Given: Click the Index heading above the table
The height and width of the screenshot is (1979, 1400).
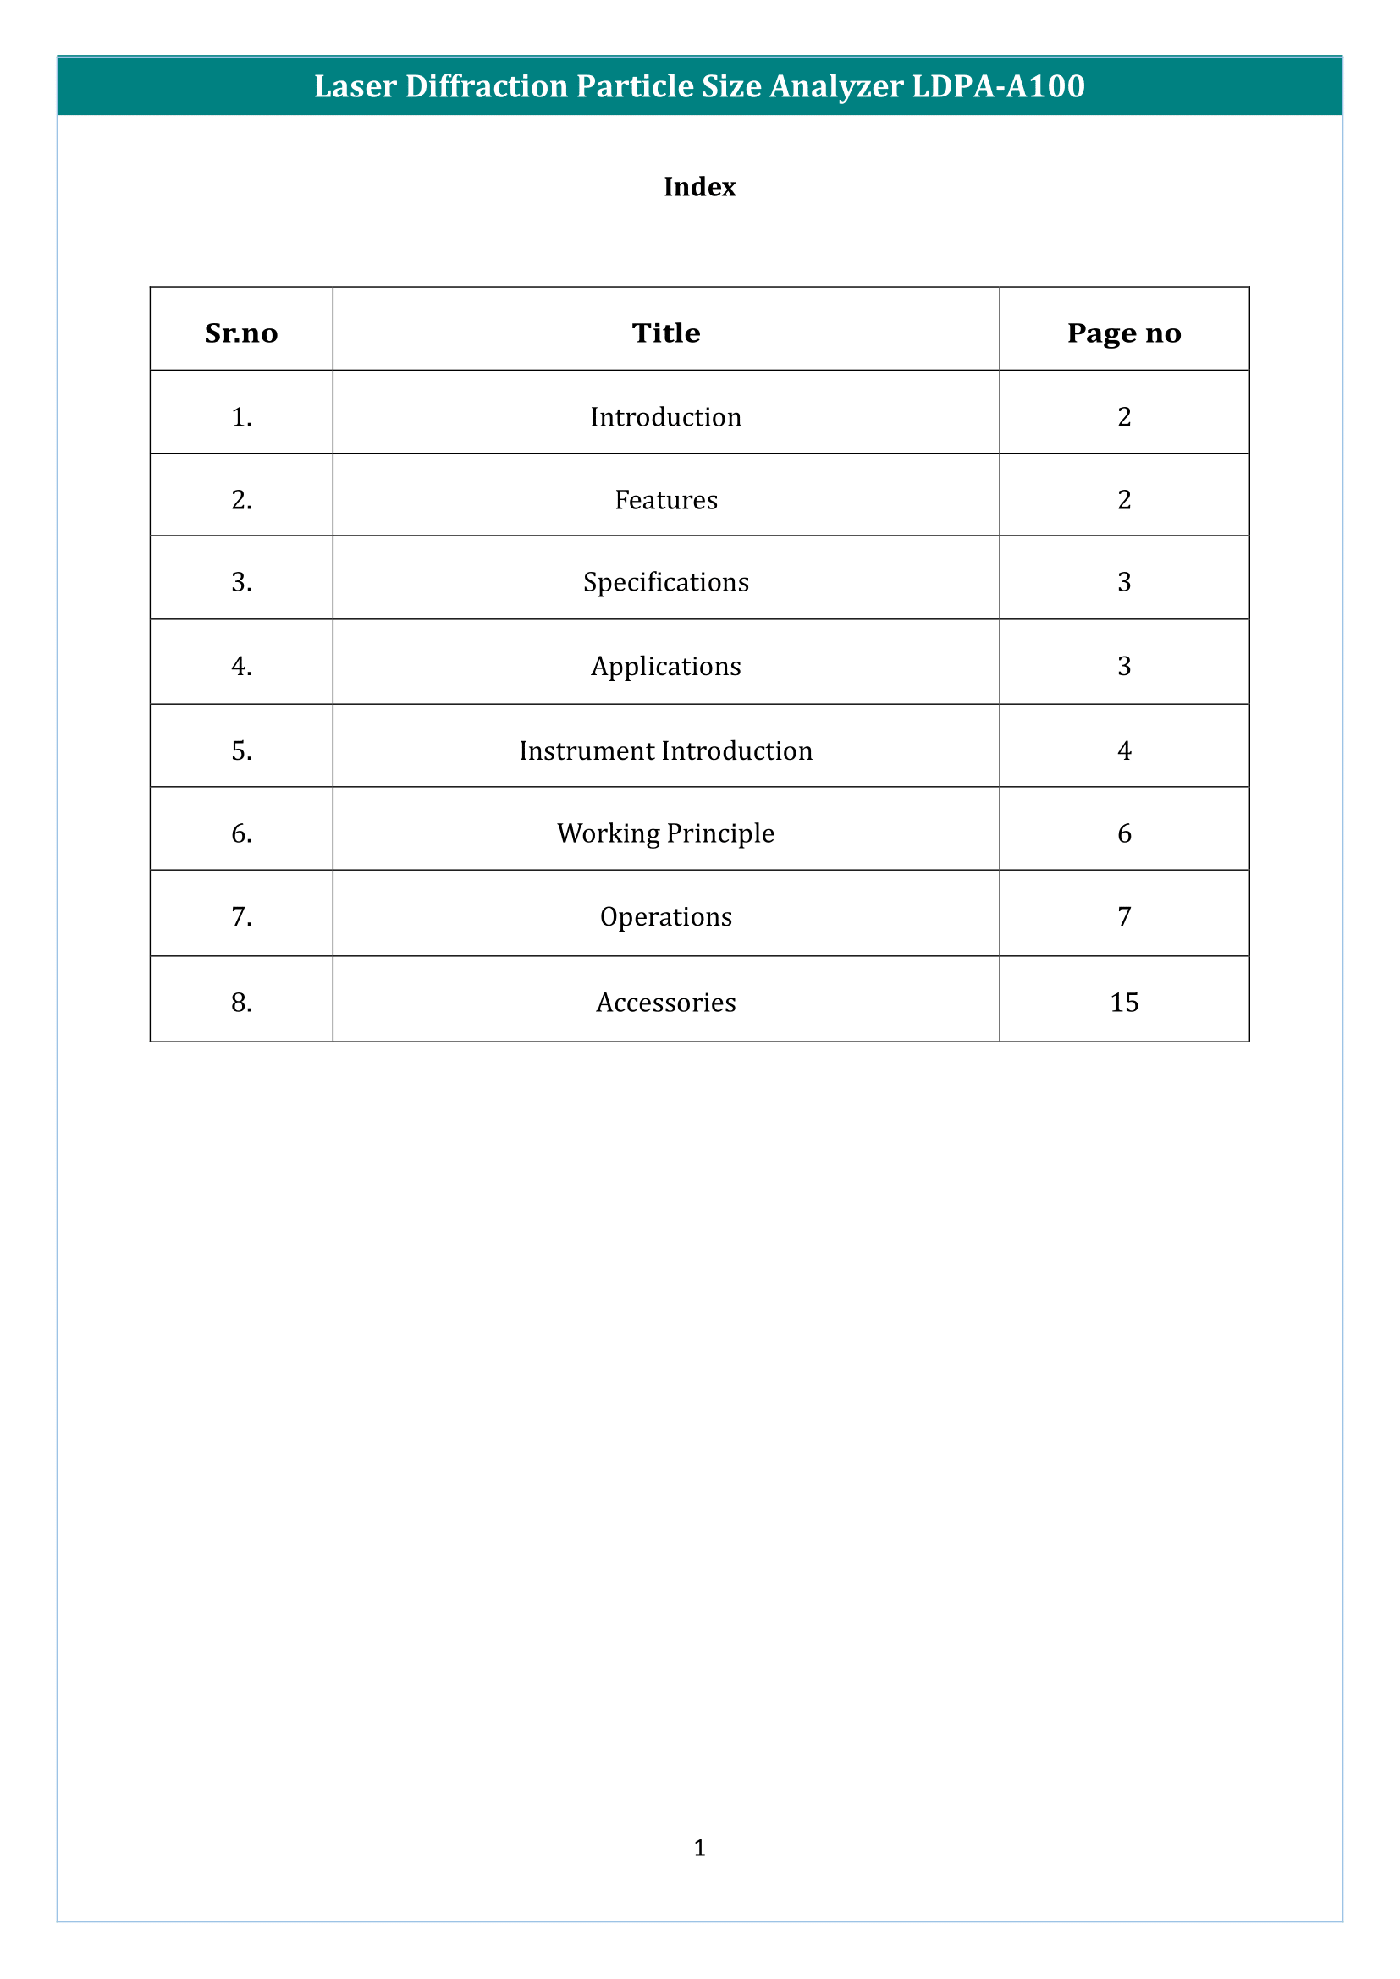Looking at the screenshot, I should (699, 187).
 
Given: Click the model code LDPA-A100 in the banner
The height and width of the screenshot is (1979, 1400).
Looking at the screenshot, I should (997, 86).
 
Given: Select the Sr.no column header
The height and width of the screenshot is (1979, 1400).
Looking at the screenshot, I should (241, 333).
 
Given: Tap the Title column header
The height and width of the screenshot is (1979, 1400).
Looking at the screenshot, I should (665, 333).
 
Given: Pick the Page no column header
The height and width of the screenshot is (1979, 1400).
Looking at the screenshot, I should (1123, 333).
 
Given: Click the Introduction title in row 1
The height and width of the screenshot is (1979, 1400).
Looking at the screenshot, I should (665, 417).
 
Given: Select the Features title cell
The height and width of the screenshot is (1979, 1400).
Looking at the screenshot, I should (665, 500).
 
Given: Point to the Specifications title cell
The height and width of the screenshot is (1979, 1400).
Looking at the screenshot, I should (665, 583).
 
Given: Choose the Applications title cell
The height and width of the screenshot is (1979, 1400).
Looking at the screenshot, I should (665, 666).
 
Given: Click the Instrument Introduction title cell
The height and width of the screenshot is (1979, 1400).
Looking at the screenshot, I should (665, 750).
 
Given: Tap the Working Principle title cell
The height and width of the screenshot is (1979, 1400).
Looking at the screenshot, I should (665, 833).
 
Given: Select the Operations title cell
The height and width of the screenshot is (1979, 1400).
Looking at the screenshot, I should (665, 917).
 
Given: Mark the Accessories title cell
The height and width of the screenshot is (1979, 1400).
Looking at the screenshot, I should (665, 1003).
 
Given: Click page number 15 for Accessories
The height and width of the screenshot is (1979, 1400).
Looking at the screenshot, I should (1124, 1003).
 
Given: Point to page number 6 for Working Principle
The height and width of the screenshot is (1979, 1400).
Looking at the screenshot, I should (1124, 833).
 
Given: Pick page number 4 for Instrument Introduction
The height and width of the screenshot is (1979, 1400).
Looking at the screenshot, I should (1124, 750).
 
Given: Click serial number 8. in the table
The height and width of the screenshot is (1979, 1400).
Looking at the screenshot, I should (241, 1003).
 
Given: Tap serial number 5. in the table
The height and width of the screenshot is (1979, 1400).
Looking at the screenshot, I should (241, 750).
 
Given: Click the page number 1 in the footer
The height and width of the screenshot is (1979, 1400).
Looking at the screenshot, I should (699, 1847).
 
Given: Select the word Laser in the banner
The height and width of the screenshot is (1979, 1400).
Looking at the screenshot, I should (355, 86).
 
